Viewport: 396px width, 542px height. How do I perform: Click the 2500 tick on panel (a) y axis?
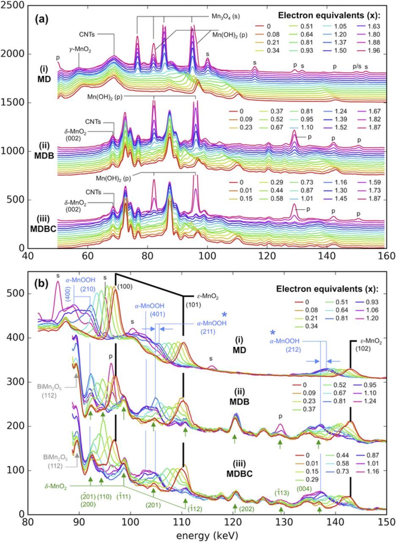point(12,5)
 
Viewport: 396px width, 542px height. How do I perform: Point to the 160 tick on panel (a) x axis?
point(385,257)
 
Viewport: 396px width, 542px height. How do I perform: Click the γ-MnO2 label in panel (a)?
point(80,50)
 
